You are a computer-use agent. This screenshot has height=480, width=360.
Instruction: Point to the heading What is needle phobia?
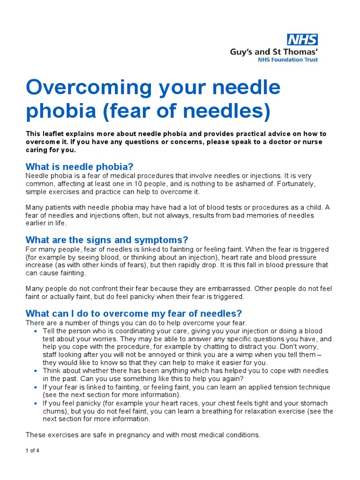(x=80, y=167)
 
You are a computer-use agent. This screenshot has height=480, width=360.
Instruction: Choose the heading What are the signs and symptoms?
(x=107, y=240)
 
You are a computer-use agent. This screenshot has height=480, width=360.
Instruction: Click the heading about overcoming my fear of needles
(x=134, y=314)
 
